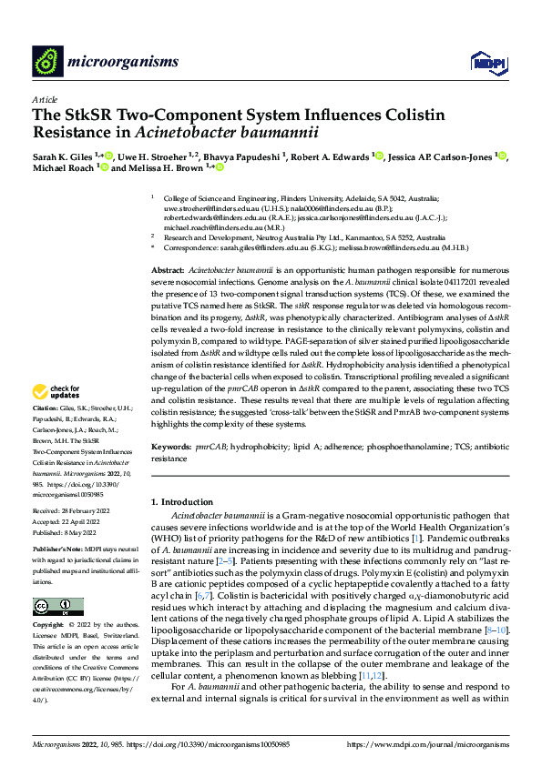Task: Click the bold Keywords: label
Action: tap(171, 448)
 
